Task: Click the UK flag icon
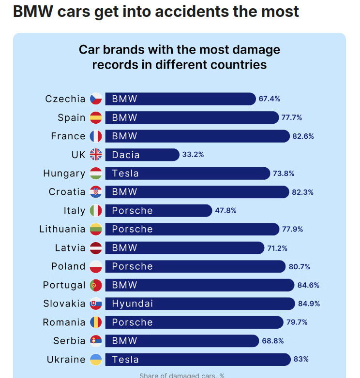tap(96, 155)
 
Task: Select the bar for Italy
tap(158, 211)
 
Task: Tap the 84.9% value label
tap(309, 304)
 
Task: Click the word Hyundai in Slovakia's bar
tap(132, 304)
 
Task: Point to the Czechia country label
tap(65, 99)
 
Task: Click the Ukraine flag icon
tap(96, 360)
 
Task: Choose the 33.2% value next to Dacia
tap(193, 155)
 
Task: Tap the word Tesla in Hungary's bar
tap(125, 174)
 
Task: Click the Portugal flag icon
tap(96, 285)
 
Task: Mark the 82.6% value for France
tap(303, 136)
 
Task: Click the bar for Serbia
tap(182, 341)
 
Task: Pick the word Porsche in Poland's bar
tap(132, 266)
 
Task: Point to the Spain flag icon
tap(96, 117)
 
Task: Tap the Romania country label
tap(64, 322)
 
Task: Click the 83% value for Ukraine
tap(301, 360)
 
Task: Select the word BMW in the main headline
tap(32, 11)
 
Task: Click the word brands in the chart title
tap(123, 50)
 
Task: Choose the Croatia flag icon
tap(96, 192)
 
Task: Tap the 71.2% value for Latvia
tap(277, 248)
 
